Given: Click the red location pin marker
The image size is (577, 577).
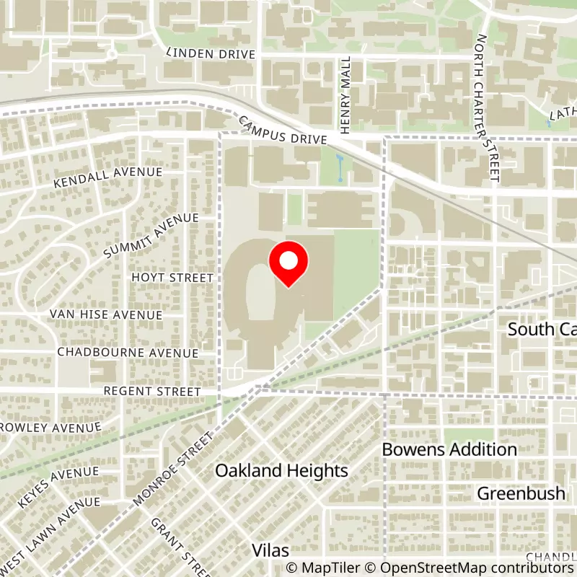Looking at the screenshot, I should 288,264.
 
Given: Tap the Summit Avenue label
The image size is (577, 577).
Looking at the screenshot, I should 150,236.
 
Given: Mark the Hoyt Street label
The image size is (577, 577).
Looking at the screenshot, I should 172,278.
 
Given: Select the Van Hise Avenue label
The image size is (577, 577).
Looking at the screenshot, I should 106,314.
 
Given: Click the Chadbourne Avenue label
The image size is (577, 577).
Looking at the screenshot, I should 128,353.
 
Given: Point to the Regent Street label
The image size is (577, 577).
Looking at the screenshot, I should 151,391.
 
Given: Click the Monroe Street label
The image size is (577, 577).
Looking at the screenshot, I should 175,469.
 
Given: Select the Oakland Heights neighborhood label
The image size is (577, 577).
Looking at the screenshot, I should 282,471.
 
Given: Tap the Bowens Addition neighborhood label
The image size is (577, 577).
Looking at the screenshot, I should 449,449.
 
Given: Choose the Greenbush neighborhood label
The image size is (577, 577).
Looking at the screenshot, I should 521,494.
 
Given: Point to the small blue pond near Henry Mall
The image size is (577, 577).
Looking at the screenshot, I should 340,168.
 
